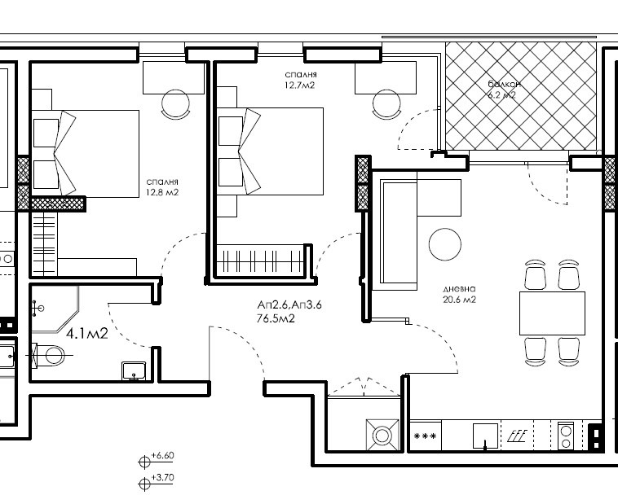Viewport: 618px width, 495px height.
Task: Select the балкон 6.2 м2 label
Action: click(504, 90)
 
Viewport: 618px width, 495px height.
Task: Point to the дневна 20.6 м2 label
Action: click(460, 294)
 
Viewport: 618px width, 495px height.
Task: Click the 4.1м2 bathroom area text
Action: click(87, 334)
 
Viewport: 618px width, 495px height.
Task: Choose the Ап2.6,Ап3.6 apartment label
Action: click(289, 304)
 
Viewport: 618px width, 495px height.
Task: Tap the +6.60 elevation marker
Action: click(157, 459)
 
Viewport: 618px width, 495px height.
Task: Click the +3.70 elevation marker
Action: click(157, 481)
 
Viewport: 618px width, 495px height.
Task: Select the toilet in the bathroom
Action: click(48, 355)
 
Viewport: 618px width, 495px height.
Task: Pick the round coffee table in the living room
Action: click(444, 244)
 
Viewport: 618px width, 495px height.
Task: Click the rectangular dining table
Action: click(552, 313)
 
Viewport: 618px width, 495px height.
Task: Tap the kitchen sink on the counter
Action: click(485, 436)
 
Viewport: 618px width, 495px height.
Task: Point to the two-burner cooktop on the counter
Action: click(566, 436)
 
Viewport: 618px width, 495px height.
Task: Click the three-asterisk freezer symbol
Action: click(426, 436)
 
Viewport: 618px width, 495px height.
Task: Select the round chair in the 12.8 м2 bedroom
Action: click(176, 104)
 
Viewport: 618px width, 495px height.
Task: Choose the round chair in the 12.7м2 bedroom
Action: click(386, 104)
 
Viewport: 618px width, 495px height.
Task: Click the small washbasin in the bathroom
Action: click(134, 371)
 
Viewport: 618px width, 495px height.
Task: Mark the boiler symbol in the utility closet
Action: click(382, 436)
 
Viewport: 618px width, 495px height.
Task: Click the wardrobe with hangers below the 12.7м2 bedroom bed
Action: click(260, 261)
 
